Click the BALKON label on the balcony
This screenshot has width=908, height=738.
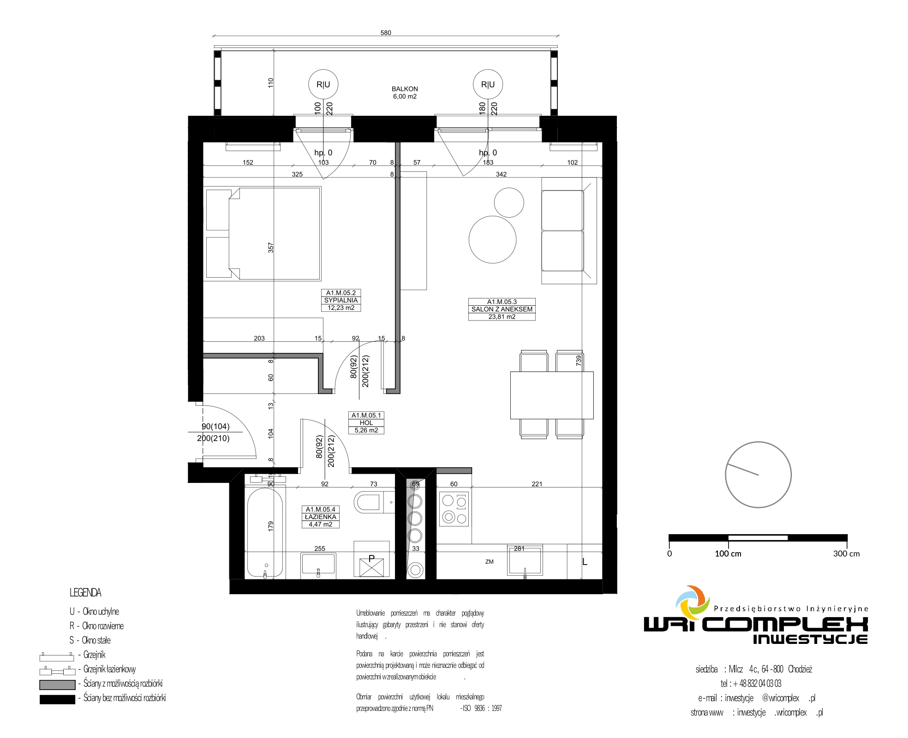pos(405,89)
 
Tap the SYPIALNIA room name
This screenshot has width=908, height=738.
pos(341,300)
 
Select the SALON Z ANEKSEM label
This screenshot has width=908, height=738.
pos(502,309)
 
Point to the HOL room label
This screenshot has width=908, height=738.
pos(366,423)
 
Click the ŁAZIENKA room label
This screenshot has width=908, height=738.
pos(321,517)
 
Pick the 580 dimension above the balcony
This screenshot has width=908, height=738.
pos(386,33)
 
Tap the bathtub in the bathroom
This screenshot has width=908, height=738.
pos(265,533)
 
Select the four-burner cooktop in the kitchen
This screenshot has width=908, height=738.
pos(454,509)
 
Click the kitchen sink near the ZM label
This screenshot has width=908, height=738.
pos(525,560)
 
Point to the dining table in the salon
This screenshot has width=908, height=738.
pos(552,395)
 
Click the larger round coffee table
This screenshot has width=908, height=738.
pos(492,239)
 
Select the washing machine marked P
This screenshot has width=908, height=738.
pos(371,559)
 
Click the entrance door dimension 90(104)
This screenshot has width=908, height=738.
pos(215,427)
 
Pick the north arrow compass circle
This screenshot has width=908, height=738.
pos(759,475)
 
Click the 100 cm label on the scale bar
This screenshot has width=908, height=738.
pos(728,553)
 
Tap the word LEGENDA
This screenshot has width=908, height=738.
pos(85,593)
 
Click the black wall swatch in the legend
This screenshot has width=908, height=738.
pos(57,699)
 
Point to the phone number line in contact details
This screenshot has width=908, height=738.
pos(751,684)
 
